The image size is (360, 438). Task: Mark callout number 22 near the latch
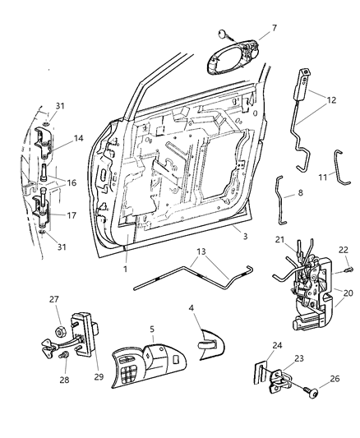point(345,251)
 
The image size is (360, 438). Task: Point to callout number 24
point(278,345)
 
